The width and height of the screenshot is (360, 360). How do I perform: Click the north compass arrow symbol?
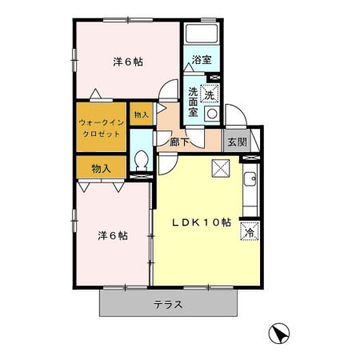tap(279, 334)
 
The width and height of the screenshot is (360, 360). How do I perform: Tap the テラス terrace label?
tap(168, 305)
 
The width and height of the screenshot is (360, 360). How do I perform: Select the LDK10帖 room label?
tap(202, 222)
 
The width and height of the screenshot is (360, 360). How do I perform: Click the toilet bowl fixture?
tap(142, 161)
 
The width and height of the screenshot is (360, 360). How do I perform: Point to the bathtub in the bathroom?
tap(202, 34)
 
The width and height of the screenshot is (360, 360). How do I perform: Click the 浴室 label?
tap(202, 59)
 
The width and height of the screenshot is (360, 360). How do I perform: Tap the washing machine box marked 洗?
tap(210, 94)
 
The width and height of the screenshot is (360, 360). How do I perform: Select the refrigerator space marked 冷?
tap(250, 231)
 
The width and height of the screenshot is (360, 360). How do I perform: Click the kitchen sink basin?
tap(250, 178)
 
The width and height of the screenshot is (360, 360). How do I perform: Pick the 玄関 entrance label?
tap(237, 142)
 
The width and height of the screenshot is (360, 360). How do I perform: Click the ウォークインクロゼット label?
tap(102, 128)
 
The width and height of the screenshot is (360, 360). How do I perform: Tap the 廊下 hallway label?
tap(179, 142)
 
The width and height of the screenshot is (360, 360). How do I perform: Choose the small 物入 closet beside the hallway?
tap(142, 114)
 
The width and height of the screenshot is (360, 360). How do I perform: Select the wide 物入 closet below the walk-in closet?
tap(102, 168)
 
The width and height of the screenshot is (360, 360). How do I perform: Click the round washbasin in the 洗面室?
tap(212, 114)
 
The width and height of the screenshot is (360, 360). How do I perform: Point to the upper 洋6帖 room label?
tap(128, 62)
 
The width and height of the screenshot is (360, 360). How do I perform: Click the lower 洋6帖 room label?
tap(113, 236)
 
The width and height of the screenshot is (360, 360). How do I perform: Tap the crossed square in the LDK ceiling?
tap(221, 168)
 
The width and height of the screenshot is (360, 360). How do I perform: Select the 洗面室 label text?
tap(193, 102)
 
